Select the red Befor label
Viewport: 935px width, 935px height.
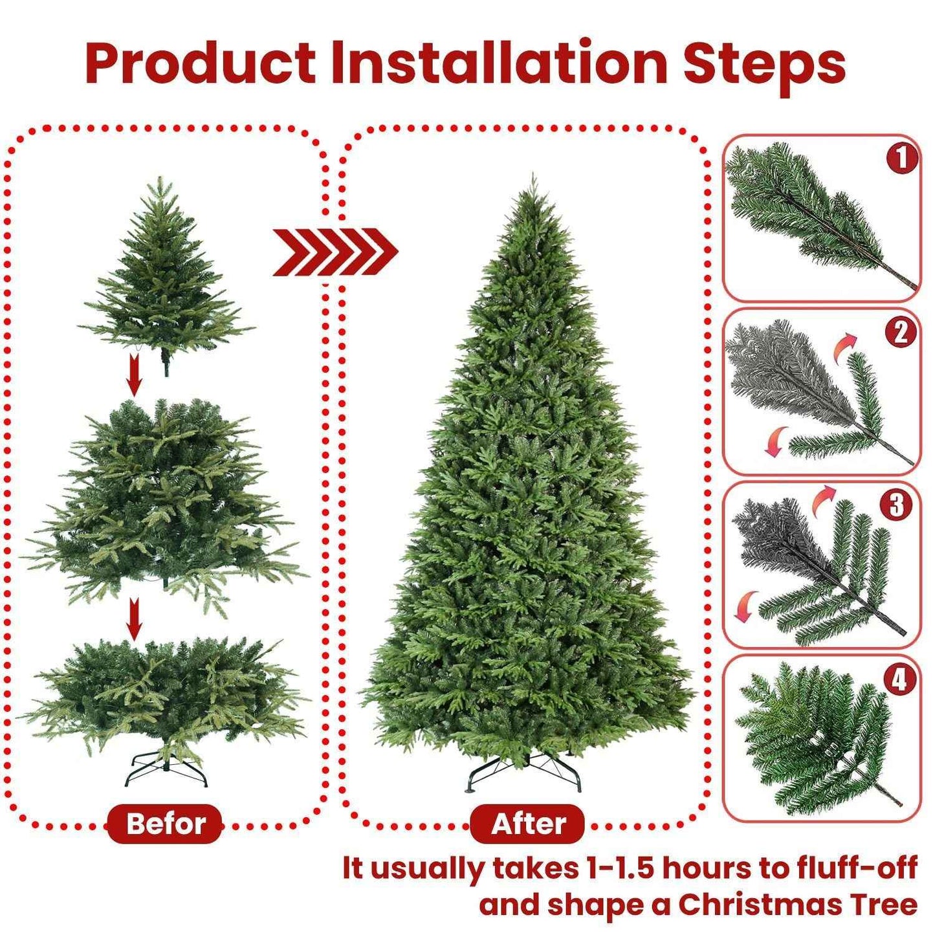[x=165, y=824]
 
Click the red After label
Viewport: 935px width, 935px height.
[x=527, y=824]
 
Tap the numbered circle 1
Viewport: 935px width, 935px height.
[x=901, y=159]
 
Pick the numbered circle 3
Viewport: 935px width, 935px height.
[x=896, y=505]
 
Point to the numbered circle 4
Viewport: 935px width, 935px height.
[x=899, y=679]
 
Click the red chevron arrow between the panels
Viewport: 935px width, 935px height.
[x=335, y=252]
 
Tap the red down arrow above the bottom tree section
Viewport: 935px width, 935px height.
[x=134, y=619]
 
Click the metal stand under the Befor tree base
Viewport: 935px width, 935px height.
[x=166, y=771]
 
